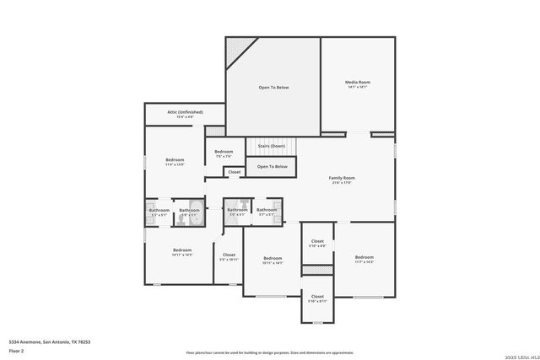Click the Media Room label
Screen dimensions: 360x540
pos(358,82)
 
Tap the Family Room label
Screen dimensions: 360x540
pos(342,178)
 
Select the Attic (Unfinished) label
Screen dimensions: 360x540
pos(185,111)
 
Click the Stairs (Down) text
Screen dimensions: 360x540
pos(270,146)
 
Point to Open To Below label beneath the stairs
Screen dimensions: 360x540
pos(273,167)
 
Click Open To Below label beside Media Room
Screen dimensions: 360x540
pos(273,87)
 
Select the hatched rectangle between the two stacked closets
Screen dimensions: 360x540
pos(317,270)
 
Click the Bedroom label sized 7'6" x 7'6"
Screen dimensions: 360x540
pos(224,152)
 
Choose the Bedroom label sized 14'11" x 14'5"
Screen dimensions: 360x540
pos(182,250)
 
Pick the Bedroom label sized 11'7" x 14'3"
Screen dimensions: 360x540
pos(364,257)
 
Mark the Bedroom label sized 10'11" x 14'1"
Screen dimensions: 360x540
pos(273,258)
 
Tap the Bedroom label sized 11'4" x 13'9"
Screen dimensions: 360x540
pos(175,159)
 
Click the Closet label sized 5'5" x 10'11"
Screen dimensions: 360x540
pos(229,255)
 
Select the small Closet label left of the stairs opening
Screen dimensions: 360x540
pos(234,172)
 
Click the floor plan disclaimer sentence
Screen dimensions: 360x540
pos(270,352)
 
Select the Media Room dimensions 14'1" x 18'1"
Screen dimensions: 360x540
pos(358,87)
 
